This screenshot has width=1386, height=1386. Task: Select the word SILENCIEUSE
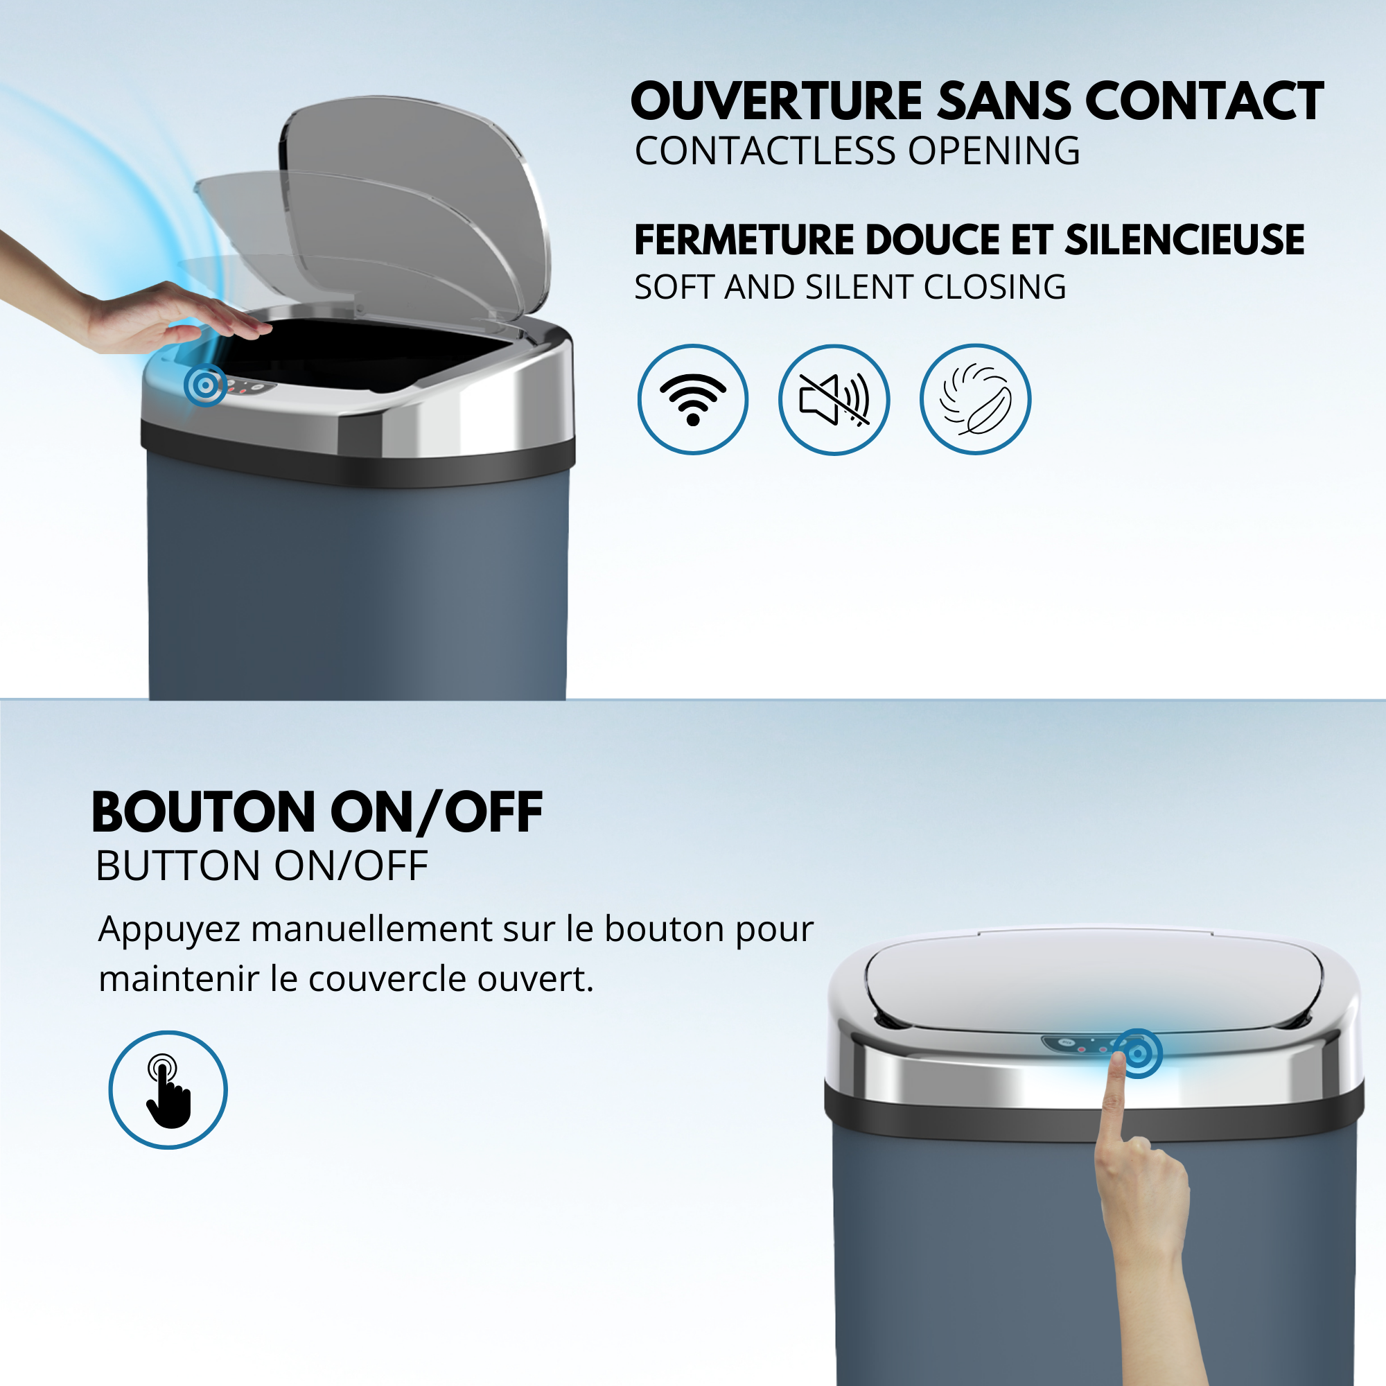click(x=1184, y=240)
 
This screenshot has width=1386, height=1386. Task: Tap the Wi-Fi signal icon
click(x=692, y=399)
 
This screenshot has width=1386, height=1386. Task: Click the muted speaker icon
click(x=834, y=399)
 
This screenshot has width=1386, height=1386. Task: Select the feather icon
click(x=975, y=399)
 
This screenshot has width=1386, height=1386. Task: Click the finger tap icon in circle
click(x=168, y=1089)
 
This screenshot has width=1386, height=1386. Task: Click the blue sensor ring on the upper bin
click(x=205, y=385)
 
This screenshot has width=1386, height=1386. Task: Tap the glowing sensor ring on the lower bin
click(x=1138, y=1053)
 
